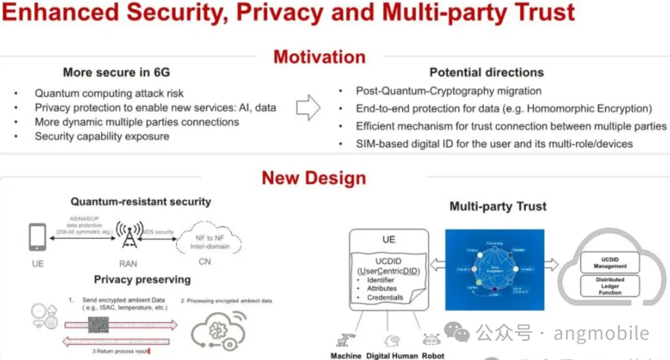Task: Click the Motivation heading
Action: click(x=319, y=57)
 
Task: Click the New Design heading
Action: click(x=314, y=178)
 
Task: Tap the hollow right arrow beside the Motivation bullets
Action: click(x=308, y=108)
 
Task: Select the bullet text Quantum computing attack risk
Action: click(x=109, y=93)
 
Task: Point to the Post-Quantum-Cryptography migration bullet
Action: click(x=449, y=91)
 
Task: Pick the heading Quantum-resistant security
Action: click(x=140, y=201)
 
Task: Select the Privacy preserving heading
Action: click(x=142, y=279)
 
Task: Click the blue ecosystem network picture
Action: click(x=494, y=269)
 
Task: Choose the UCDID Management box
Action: click(x=610, y=263)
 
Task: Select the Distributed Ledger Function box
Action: click(x=610, y=286)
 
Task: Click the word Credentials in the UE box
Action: click(x=385, y=297)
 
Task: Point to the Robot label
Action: click(x=433, y=356)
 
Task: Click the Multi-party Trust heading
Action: click(x=498, y=207)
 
